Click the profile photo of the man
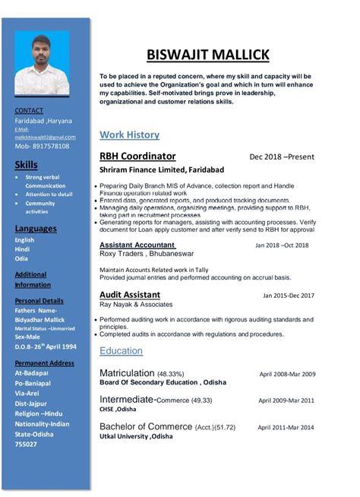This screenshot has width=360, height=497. [42, 64]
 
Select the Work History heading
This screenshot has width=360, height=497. [129, 135]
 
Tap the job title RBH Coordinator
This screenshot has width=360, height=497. [137, 156]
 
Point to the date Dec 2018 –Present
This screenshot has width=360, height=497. [283, 157]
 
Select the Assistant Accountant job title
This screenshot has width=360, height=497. [137, 245]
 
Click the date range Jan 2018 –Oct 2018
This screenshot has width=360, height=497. [282, 246]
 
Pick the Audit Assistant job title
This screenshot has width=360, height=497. [130, 294]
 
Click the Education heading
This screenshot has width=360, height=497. [121, 350]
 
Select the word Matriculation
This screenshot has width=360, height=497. [127, 373]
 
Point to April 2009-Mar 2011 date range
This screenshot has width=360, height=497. [287, 400]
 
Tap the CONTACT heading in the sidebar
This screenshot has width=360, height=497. [29, 111]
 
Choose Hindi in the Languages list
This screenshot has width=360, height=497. [23, 249]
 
